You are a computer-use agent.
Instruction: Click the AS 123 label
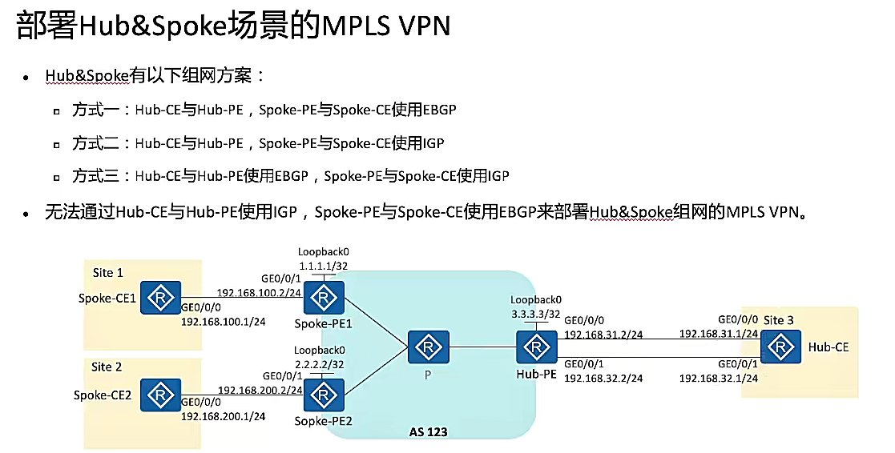coord(428,432)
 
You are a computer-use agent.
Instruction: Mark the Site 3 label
coord(778,320)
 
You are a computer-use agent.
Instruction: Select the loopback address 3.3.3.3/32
coord(536,313)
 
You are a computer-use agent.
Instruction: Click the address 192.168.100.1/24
coord(224,322)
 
